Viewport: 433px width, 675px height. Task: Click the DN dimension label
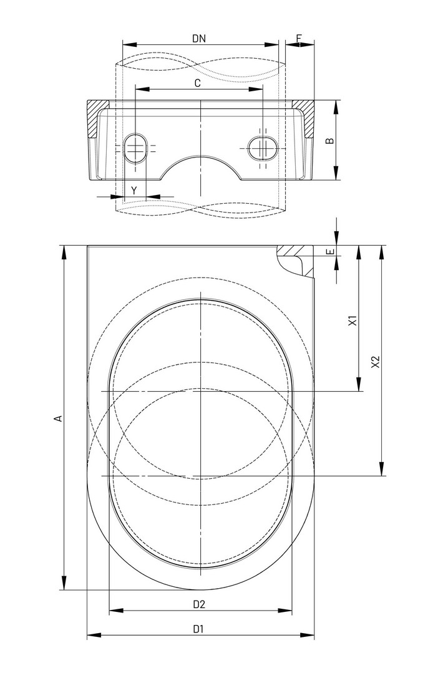click(199, 38)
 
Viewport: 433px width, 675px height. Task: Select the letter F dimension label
click(299, 38)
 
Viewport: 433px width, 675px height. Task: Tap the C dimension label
click(198, 83)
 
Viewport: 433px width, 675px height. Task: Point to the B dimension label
click(329, 141)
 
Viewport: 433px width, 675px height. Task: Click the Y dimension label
click(134, 191)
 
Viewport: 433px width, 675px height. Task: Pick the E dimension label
click(330, 251)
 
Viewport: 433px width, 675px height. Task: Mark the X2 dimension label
click(376, 362)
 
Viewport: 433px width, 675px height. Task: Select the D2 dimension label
click(199, 604)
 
